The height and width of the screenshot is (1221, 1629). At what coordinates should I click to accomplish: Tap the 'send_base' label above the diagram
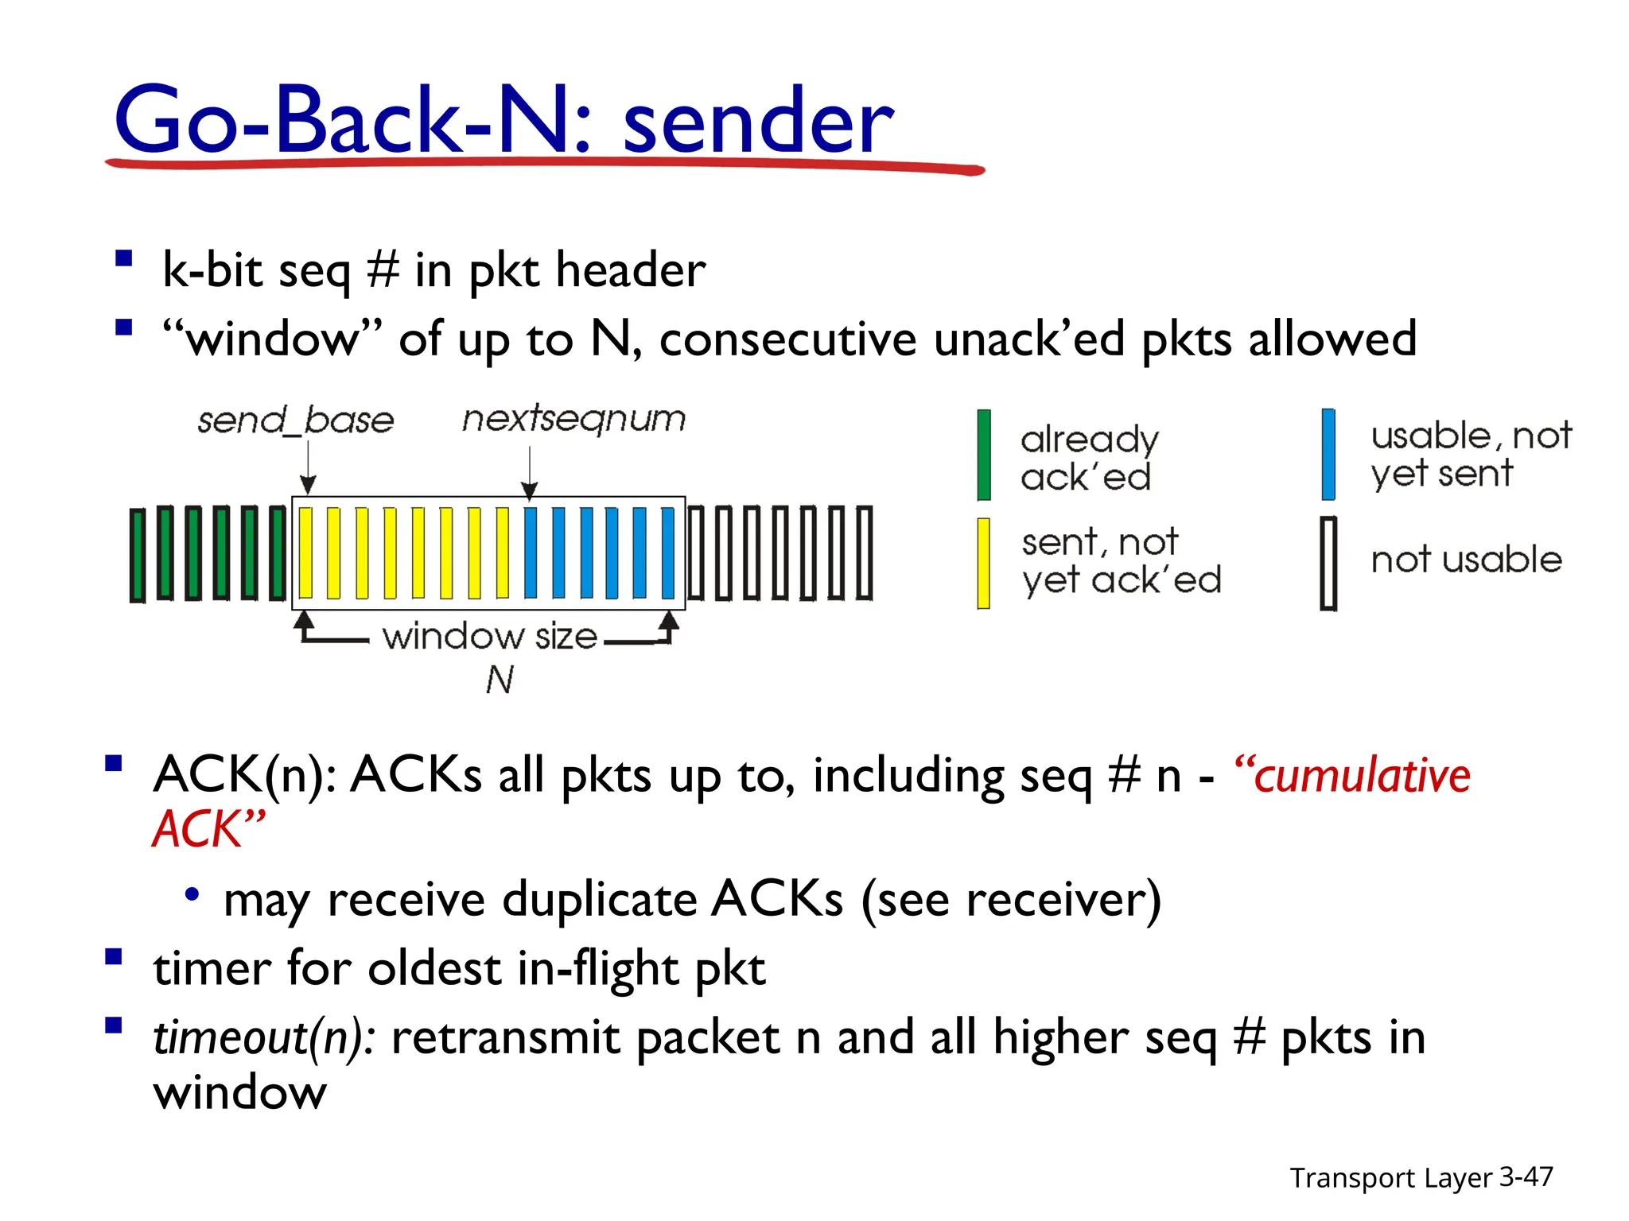click(296, 420)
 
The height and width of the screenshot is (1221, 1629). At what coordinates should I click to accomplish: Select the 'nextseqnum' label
click(573, 418)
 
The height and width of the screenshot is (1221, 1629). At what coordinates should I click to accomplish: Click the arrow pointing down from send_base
click(309, 469)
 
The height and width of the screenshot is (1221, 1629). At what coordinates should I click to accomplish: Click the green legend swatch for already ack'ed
click(984, 455)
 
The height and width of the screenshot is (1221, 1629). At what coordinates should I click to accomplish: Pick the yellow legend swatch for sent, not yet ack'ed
click(984, 563)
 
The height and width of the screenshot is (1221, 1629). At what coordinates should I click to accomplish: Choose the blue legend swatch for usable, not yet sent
click(1328, 454)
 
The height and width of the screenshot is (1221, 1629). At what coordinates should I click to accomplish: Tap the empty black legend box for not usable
click(1328, 563)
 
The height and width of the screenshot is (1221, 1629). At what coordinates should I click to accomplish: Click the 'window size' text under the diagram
click(489, 637)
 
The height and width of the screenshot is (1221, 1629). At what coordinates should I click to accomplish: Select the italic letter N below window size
click(500, 680)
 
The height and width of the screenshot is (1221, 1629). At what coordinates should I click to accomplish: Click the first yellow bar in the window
click(306, 552)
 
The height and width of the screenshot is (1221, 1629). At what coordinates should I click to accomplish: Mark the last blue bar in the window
click(668, 552)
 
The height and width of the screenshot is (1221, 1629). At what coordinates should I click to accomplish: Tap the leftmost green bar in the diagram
click(138, 554)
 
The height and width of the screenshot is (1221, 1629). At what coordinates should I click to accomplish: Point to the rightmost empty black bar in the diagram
click(865, 552)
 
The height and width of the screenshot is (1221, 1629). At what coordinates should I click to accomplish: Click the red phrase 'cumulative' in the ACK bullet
click(1361, 776)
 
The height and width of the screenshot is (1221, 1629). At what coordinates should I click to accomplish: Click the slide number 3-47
click(1526, 1176)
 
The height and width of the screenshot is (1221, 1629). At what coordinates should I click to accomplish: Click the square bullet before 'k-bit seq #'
click(123, 259)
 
